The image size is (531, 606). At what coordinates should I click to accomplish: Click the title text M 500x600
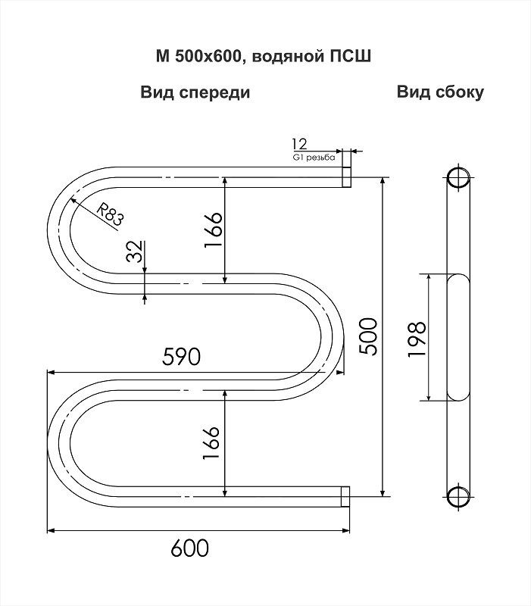pyautogui.click(x=198, y=56)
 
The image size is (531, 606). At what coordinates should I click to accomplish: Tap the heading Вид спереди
pyautogui.click(x=195, y=93)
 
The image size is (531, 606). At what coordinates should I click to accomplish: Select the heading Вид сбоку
pyautogui.click(x=440, y=92)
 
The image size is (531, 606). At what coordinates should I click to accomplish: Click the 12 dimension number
pyautogui.click(x=300, y=144)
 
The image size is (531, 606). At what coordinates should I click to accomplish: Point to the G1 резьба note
pyautogui.click(x=314, y=158)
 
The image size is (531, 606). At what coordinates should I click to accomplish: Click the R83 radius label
pyautogui.click(x=110, y=215)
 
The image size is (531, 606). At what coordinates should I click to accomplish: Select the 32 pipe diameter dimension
pyautogui.click(x=135, y=251)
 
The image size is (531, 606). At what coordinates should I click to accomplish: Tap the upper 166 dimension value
pyautogui.click(x=214, y=230)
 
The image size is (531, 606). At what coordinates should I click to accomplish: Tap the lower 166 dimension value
pyautogui.click(x=211, y=442)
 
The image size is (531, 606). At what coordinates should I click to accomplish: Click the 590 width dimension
pyautogui.click(x=181, y=356)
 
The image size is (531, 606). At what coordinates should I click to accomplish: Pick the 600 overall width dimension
pyautogui.click(x=190, y=548)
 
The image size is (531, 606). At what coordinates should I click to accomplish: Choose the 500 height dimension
pyautogui.click(x=367, y=336)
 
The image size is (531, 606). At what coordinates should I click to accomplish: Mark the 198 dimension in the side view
pyautogui.click(x=417, y=339)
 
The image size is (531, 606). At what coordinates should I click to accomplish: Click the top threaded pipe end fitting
pyautogui.click(x=347, y=177)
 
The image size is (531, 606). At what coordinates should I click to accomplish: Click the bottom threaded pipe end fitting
pyautogui.click(x=345, y=497)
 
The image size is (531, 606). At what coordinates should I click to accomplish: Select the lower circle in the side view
pyautogui.click(x=459, y=497)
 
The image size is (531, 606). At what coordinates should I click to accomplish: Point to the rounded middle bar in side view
pyautogui.click(x=459, y=337)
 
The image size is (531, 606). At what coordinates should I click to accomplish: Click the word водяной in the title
pyautogui.click(x=287, y=57)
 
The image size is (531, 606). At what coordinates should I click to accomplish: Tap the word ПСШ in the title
pyautogui.click(x=350, y=56)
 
